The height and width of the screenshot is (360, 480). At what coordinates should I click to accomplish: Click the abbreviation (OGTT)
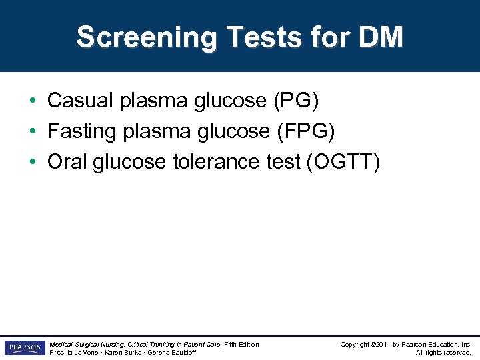pos(343,162)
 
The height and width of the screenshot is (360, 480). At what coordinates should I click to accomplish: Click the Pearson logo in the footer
pos(25,348)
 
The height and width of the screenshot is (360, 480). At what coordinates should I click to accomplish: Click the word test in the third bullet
pos(281,162)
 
